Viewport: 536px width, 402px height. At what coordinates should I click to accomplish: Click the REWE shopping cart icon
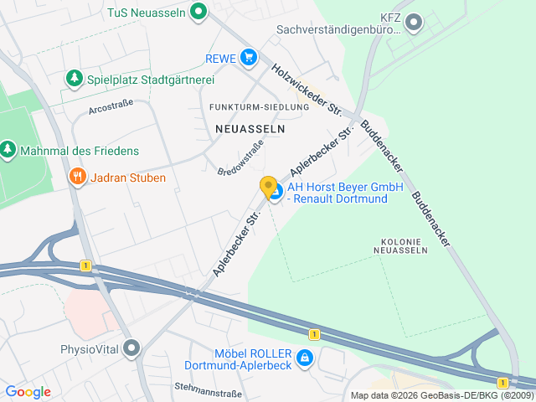(248, 58)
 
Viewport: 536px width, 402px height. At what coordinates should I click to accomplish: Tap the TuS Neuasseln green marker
(198, 13)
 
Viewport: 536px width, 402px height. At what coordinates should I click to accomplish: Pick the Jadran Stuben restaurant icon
(77, 177)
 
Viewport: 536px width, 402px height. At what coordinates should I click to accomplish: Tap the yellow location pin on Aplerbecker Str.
(268, 188)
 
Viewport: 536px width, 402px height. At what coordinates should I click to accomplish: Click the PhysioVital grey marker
(131, 348)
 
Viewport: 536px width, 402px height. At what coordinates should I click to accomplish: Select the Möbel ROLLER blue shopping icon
(305, 359)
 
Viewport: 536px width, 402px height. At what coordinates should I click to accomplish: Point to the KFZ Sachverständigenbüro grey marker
(413, 22)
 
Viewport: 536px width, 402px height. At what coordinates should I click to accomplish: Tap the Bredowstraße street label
(240, 157)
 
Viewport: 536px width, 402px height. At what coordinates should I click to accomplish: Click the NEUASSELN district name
(250, 129)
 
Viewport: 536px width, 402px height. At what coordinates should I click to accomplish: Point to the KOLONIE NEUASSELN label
(399, 245)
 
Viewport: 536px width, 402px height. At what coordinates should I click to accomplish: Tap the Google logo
(28, 391)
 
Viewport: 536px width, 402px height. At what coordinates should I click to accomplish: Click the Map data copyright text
(441, 395)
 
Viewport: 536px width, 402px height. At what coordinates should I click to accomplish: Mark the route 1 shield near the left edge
(85, 265)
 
